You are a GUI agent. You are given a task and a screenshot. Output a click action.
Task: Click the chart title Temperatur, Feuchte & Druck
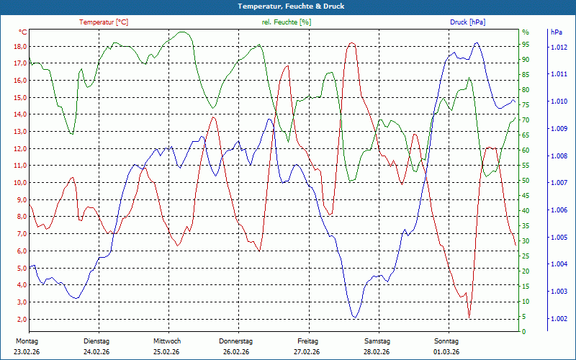coord(287,6)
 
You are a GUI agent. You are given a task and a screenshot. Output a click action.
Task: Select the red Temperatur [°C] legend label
coord(104,22)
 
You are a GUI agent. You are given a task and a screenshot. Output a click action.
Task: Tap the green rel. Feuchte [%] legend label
coord(287,22)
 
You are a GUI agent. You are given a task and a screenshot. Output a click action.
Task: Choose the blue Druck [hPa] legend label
coord(467,22)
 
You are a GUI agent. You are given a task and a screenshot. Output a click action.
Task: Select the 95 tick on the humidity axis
coord(526,46)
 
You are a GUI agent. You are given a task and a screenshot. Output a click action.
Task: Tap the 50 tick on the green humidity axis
coord(526,181)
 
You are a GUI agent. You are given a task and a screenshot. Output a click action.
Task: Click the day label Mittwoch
coord(167,341)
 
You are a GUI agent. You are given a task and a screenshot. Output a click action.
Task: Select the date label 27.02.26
coord(307,351)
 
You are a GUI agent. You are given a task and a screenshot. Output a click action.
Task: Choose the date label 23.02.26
coord(27,351)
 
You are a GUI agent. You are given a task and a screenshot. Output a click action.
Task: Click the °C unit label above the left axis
coord(23,32)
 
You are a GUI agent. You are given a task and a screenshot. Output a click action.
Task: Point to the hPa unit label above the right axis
coord(557,32)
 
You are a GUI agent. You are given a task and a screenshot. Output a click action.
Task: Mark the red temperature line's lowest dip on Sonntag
coord(469,317)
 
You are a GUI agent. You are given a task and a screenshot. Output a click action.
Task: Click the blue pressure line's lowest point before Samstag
coord(354,317)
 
